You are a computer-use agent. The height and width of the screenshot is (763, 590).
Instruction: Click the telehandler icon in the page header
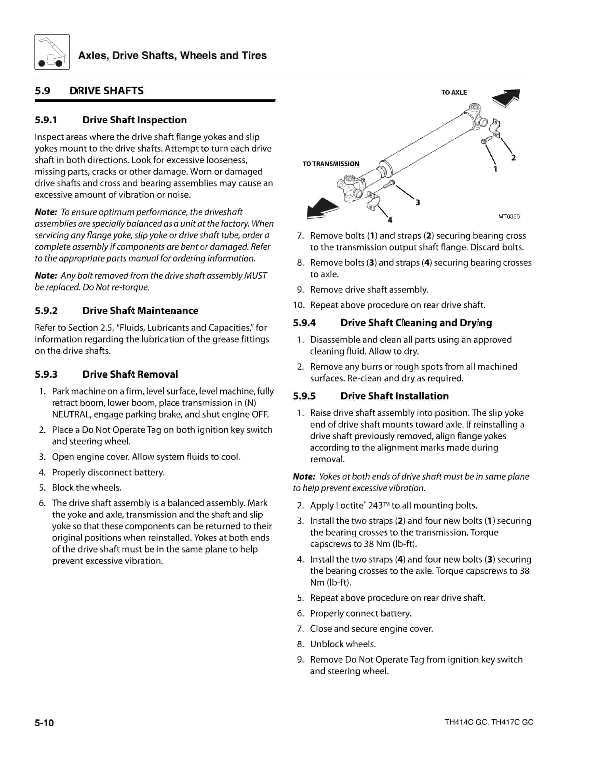point(52,52)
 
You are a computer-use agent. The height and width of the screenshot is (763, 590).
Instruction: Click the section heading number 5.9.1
point(46,120)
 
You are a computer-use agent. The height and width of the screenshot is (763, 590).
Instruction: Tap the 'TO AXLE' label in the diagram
point(454,92)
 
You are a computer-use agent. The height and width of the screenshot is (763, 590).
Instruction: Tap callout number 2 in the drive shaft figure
point(513,158)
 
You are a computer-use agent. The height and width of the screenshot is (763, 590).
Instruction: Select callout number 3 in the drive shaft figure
point(418,203)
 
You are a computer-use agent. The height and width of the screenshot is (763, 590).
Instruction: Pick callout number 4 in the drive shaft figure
point(390,220)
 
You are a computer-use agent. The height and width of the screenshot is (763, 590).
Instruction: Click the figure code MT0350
point(509,217)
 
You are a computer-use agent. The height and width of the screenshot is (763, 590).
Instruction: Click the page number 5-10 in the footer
point(44,723)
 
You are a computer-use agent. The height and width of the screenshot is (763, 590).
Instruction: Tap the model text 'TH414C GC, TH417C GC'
point(489,722)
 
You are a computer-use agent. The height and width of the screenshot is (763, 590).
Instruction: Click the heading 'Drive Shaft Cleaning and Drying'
point(416,323)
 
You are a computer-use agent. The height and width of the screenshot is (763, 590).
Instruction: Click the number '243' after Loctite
point(375,506)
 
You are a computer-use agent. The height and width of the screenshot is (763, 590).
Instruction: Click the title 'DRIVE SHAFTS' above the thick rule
point(106,91)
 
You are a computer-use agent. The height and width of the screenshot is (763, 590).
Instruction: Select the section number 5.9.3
point(46,374)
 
